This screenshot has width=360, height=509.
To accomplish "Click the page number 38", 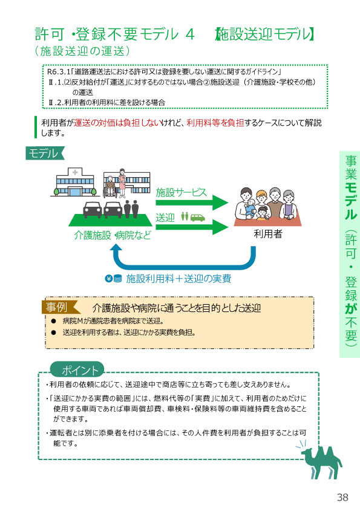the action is [342, 497].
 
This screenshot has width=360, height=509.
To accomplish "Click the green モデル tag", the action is [45, 153].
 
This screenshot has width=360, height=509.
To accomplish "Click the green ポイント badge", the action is [77, 370].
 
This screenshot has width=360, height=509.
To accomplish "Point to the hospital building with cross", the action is [75, 183].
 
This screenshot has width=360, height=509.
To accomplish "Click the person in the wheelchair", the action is [110, 187].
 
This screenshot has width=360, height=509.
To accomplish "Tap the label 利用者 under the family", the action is [267, 234].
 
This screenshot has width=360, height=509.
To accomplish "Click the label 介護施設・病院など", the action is [113, 235].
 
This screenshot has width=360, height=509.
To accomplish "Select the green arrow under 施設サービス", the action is [192, 203].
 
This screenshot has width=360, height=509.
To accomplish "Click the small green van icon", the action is [197, 218].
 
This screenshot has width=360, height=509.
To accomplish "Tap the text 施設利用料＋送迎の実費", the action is [178, 279].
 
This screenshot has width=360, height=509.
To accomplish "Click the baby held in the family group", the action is [250, 207].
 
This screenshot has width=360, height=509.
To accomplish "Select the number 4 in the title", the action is [190, 34].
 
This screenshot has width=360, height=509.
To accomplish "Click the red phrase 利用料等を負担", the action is [215, 123].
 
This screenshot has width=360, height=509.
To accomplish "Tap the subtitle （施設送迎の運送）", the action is [82, 51].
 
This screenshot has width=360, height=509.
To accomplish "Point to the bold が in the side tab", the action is [350, 308].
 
